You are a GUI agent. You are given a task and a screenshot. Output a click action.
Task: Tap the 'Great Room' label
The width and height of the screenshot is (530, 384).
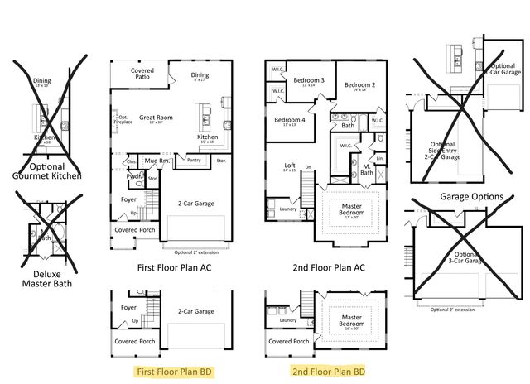click(x=155, y=118)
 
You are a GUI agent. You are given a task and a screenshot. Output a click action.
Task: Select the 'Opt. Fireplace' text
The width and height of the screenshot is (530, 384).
click(x=123, y=120)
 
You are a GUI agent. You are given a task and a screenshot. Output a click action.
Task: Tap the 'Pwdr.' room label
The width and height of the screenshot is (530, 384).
click(x=132, y=175)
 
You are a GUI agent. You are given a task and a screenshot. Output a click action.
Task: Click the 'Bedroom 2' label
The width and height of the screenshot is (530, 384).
click(x=360, y=85)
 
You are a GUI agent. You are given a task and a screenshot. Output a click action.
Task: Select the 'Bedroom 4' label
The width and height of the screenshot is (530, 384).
click(x=289, y=120)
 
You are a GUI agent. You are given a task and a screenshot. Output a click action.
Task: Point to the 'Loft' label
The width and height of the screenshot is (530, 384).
click(x=290, y=166)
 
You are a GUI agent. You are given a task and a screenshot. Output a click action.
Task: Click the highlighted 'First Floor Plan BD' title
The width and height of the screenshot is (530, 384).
click(x=172, y=372)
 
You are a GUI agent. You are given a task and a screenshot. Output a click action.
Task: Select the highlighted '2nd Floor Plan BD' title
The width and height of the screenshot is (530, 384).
click(x=328, y=372)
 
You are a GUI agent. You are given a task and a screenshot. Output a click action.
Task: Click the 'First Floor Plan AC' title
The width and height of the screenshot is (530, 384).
click(x=172, y=267)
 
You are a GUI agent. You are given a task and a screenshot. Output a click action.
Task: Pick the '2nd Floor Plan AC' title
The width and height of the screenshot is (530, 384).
click(x=328, y=267)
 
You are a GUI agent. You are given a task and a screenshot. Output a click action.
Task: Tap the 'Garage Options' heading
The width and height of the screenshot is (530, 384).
click(x=472, y=197)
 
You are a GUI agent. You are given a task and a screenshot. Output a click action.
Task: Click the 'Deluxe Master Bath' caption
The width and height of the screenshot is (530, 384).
click(x=46, y=278)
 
